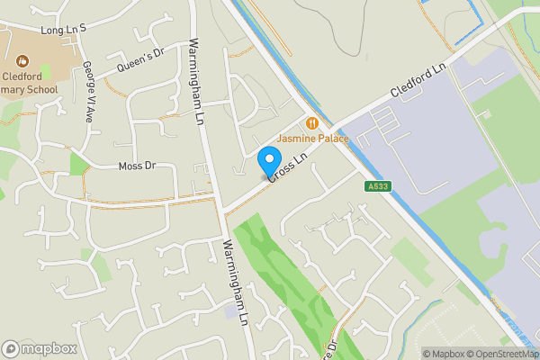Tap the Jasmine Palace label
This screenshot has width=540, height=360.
click(x=312, y=139)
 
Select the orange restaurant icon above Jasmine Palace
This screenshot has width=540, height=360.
click(x=312, y=122)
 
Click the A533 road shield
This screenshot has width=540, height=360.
click(x=379, y=186)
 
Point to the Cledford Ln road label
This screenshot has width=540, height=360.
click(x=418, y=81)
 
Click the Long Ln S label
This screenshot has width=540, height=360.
click(x=62, y=30)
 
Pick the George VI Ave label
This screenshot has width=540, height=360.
click(x=88, y=91)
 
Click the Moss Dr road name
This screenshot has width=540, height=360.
click(x=137, y=166)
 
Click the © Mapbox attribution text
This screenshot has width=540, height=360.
click(x=444, y=354)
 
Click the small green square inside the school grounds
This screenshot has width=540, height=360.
click(x=46, y=69)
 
